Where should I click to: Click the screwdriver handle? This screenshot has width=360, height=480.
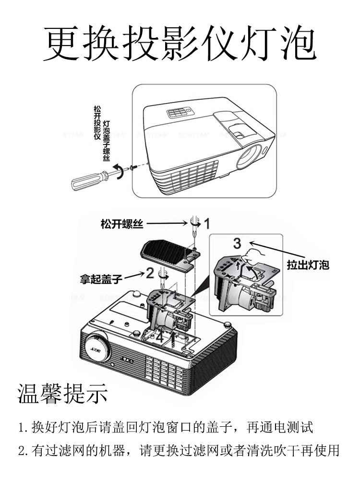(x=89, y=180)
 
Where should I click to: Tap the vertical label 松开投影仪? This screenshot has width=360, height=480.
(x=97, y=123)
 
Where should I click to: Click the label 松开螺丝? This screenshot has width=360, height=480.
(x=121, y=224)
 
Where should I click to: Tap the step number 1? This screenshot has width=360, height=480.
(x=207, y=223)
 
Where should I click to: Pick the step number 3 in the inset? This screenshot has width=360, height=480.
(x=237, y=243)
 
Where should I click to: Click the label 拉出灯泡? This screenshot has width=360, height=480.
(x=308, y=264)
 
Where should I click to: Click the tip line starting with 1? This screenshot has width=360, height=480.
(x=166, y=426)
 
